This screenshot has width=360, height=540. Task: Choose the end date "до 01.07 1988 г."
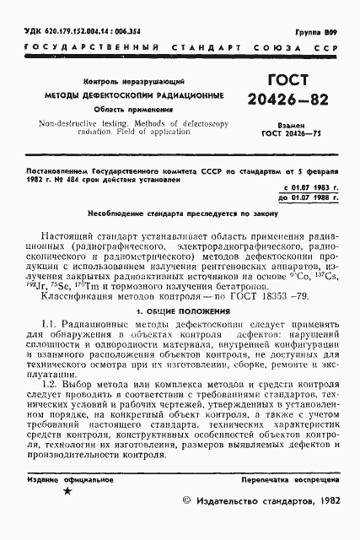(309, 221)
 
